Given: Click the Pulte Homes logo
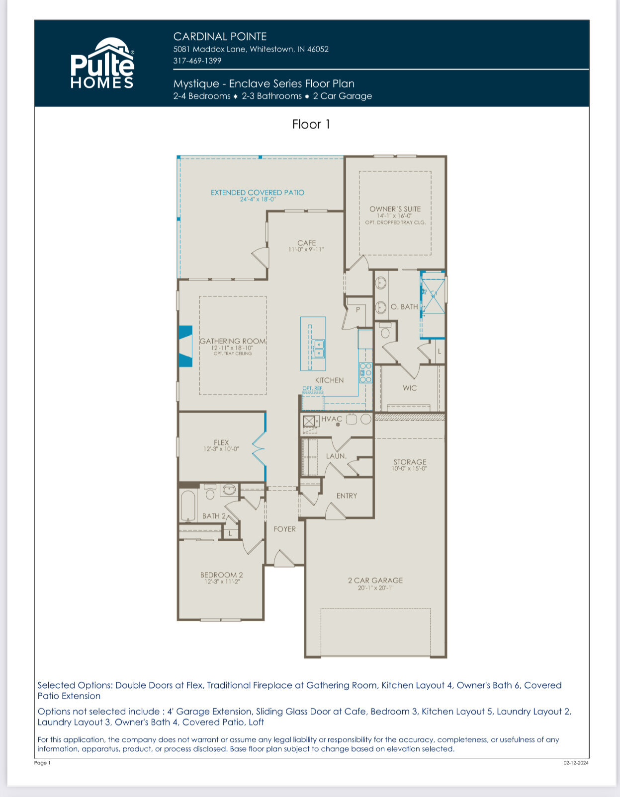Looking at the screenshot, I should (102, 64).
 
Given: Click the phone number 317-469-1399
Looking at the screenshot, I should (197, 61).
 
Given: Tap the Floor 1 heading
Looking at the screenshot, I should (311, 124).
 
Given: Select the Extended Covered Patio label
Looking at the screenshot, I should (257, 192).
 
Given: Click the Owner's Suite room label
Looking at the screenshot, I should (395, 209).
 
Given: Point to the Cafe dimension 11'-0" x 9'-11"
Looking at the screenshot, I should (306, 249).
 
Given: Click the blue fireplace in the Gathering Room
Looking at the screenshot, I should (185, 346).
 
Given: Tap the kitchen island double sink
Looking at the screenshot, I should (318, 349).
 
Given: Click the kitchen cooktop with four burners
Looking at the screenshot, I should (365, 372).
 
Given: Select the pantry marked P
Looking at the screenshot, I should (357, 310).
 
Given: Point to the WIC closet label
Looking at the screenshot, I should (410, 388).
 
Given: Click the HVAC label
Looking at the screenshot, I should (331, 419).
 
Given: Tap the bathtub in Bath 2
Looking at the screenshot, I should (188, 505).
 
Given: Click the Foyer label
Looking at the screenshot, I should (284, 529).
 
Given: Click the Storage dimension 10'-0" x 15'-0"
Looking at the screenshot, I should (410, 468).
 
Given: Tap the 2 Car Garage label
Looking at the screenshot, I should (375, 580).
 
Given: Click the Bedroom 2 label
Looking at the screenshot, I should (221, 575).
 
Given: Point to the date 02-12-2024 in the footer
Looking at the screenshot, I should (576, 763).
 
